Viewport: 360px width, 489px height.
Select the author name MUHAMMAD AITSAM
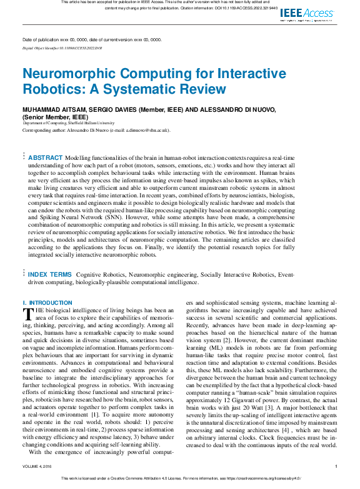coord(52,110)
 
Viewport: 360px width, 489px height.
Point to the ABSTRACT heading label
coord(46,157)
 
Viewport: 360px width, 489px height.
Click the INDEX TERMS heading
coord(49,274)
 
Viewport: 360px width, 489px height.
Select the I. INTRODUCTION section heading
coord(47,303)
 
